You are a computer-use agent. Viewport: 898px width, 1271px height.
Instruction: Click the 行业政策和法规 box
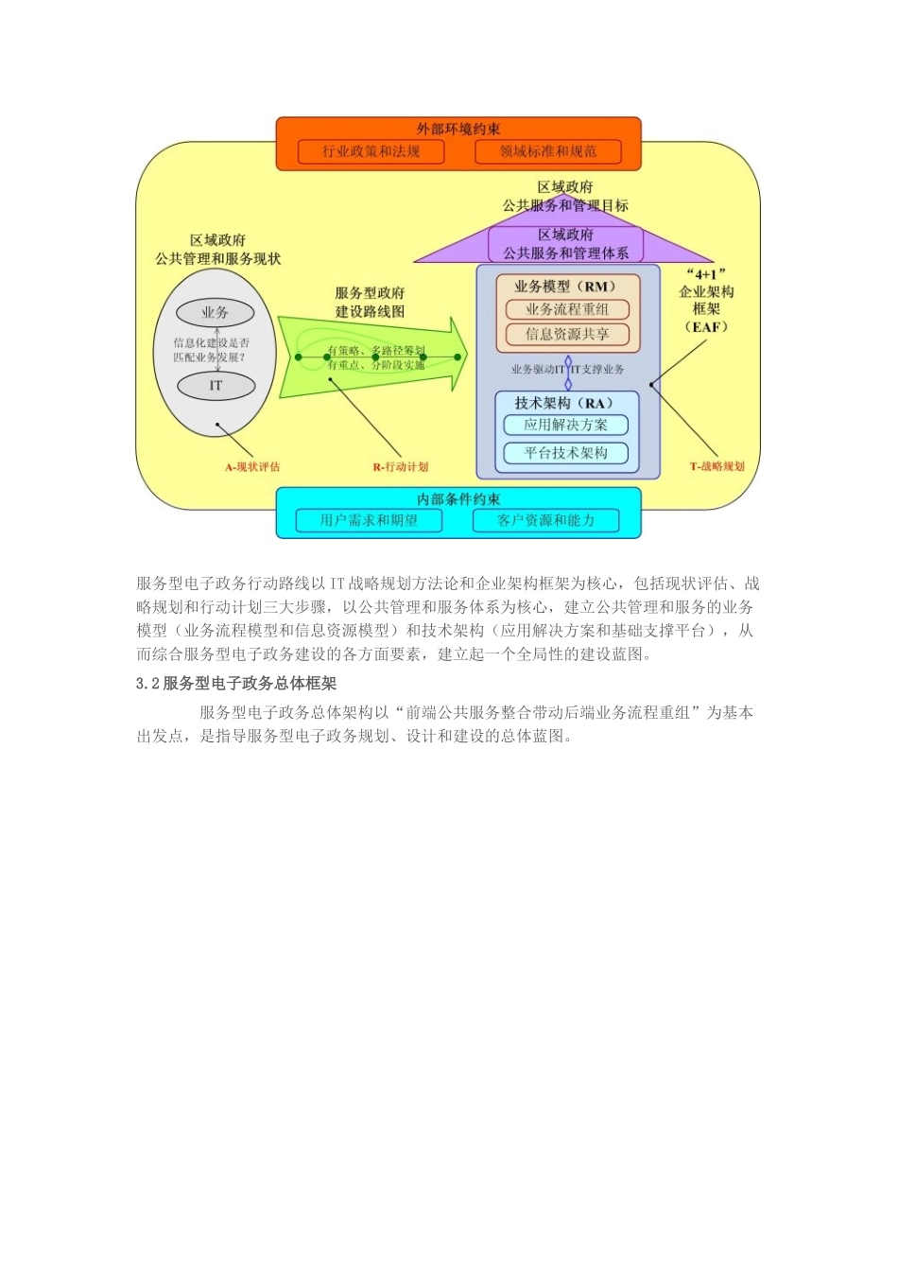[x=371, y=151]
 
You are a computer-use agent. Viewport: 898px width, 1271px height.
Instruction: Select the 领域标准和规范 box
[x=548, y=151]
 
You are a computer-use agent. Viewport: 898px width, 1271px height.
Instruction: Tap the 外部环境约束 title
[x=458, y=129]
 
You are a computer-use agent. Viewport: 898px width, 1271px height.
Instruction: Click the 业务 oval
[x=216, y=312]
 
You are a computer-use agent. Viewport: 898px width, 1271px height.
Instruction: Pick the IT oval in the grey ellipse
[x=216, y=386]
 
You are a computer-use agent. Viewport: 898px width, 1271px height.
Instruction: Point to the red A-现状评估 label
[x=252, y=466]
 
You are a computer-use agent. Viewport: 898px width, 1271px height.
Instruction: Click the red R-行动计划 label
[x=401, y=466]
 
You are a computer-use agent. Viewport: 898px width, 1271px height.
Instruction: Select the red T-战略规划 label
[x=717, y=466]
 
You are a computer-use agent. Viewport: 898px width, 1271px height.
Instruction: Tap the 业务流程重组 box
[x=567, y=309]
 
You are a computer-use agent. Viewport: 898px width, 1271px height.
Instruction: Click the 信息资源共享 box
[x=567, y=334]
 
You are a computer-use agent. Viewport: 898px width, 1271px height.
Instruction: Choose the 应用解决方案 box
[x=566, y=425]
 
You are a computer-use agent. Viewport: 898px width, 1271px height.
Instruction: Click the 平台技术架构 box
[x=566, y=453]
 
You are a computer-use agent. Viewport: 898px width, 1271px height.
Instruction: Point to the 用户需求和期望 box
[x=369, y=520]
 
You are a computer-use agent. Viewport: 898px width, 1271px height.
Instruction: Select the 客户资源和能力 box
[x=546, y=520]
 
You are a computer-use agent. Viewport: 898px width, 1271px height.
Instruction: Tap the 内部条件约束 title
[x=458, y=499]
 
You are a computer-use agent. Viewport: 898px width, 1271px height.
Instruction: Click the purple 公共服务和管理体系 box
[x=565, y=244]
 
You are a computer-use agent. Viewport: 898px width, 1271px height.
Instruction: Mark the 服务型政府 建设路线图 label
[x=370, y=302]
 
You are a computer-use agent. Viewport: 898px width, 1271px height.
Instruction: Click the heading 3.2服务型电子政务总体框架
[x=236, y=683]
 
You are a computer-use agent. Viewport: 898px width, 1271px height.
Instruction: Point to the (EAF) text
[x=706, y=327]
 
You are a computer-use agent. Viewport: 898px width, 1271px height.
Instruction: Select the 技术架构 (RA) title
[x=564, y=403]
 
